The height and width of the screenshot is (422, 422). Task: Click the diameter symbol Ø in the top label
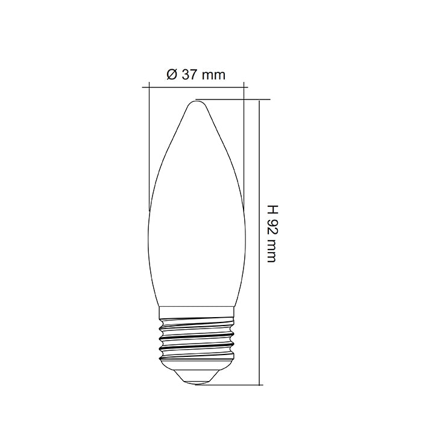[x=171, y=75]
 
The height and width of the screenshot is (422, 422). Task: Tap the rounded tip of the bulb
[x=196, y=104]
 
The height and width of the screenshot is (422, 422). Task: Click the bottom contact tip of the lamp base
[x=196, y=382]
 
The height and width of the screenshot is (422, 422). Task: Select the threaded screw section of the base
[x=196, y=341]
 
